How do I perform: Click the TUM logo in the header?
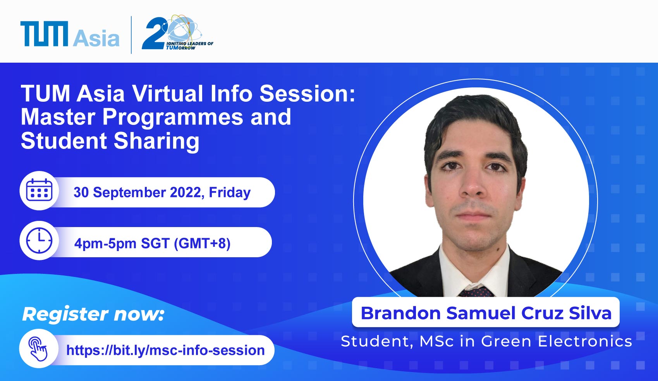click(44, 34)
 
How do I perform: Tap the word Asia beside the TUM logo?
click(96, 38)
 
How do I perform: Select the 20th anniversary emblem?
click(177, 32)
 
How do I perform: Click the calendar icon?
click(39, 191)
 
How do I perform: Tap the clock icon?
click(39, 241)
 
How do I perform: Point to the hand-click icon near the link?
click(38, 349)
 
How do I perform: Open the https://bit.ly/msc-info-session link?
click(165, 350)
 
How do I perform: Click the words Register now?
click(93, 314)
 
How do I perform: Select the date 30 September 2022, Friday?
click(162, 192)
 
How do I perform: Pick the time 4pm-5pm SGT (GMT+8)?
click(152, 243)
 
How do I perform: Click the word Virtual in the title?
click(167, 94)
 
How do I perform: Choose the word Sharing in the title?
click(156, 141)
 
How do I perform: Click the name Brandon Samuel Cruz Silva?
click(486, 313)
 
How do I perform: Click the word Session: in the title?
click(308, 94)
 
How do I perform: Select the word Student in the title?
click(64, 141)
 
